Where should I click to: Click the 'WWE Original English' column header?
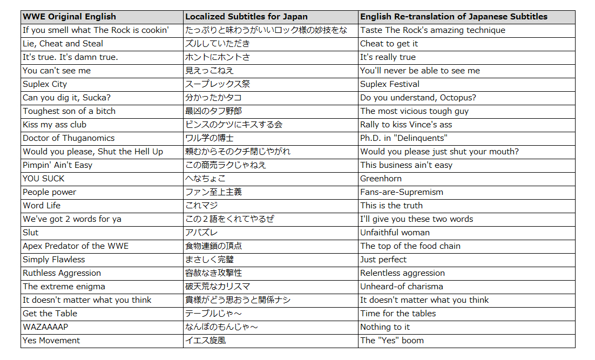pyautogui.click(x=69, y=17)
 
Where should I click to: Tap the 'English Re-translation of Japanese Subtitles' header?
pyautogui.click(x=454, y=17)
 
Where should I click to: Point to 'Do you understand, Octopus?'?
pyautogui.click(x=418, y=98)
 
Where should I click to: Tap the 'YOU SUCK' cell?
pyautogui.click(x=43, y=179)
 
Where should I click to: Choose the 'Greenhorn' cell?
pyautogui.click(x=381, y=179)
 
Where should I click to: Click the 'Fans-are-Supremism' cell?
pyautogui.click(x=402, y=192)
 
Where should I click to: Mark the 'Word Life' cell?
pyautogui.click(x=42, y=206)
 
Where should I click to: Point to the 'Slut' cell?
pyautogui.click(x=31, y=233)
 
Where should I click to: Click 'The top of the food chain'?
pyautogui.click(x=410, y=246)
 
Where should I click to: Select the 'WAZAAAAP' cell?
pyautogui.click(x=45, y=327)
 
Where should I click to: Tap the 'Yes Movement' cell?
pyautogui.click(x=51, y=341)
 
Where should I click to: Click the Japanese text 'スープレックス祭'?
pyautogui.click(x=218, y=84)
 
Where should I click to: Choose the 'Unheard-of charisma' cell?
pyautogui.click(x=401, y=287)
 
